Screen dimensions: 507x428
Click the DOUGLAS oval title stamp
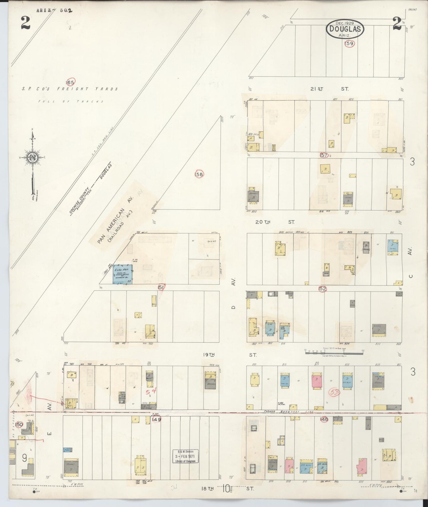[x=345, y=29]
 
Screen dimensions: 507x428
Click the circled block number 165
[x=70, y=82]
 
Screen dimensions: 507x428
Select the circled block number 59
[x=350, y=44]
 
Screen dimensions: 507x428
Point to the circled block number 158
[x=199, y=174]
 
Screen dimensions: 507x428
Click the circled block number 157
[x=324, y=155]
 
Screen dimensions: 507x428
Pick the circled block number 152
[x=322, y=288]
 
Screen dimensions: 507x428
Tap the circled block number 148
[x=324, y=419]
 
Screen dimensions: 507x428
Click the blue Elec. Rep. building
[x=122, y=275]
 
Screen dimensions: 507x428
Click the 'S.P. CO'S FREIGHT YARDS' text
[x=70, y=89]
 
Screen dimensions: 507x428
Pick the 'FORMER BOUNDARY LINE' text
[x=290, y=412]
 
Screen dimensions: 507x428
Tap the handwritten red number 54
[x=150, y=392]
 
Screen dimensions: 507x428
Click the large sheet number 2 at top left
[x=25, y=24]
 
